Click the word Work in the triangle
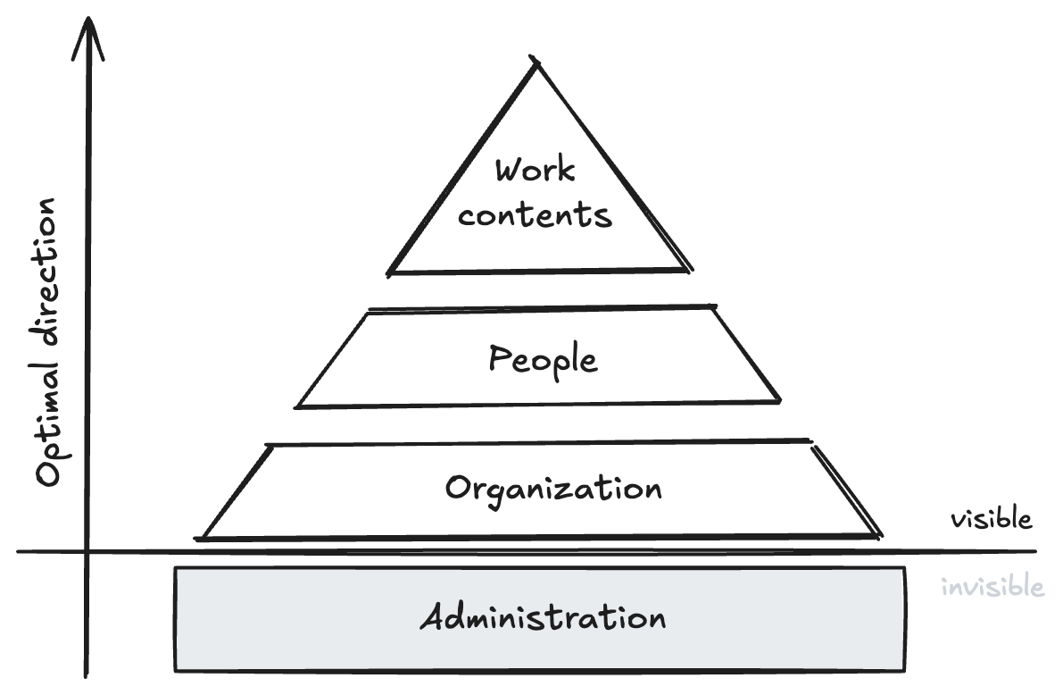coord(535,171)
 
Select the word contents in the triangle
coord(536,215)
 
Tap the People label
coord(543,360)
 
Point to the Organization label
coord(553,490)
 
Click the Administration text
coord(543,618)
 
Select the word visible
coord(991,520)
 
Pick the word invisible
coord(992,587)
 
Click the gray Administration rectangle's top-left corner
coord(175,569)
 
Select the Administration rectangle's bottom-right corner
coord(903,670)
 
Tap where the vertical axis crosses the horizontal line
coord(87,551)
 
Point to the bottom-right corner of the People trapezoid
coord(780,403)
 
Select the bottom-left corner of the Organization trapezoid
coord(202,539)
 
